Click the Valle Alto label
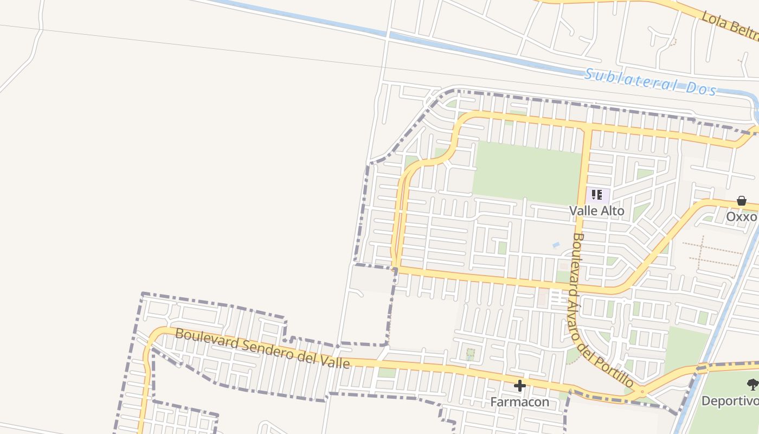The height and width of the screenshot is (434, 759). coord(596,211)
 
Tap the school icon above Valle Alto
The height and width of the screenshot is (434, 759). coord(597,195)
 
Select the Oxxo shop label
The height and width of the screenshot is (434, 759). coord(741,216)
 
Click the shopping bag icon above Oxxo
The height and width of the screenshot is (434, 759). coord(742,201)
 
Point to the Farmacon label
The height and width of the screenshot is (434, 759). coord(519,402)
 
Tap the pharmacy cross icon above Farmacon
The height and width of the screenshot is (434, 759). coord(519,386)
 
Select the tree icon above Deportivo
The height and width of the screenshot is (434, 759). coord(752,385)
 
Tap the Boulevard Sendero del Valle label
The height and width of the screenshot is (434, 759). coord(262,348)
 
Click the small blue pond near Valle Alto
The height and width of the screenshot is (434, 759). coord(556,245)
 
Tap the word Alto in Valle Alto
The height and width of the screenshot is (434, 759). coord(613,211)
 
